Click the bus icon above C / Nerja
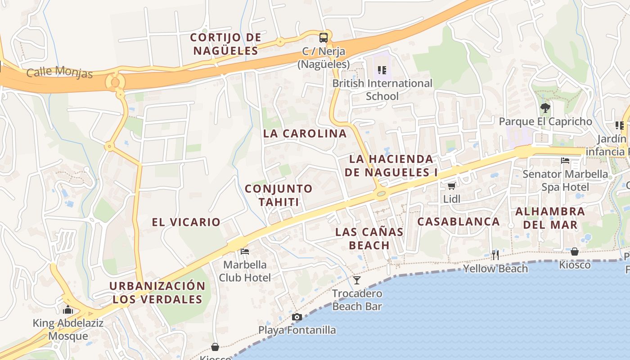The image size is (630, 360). coord(323,37)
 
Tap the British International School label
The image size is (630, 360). coord(382,90)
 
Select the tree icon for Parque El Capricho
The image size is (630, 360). coord(545,108)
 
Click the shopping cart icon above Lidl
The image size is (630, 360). coord(451,186)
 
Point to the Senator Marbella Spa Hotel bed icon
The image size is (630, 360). coord(565,161)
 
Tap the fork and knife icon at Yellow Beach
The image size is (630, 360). coord(495,255)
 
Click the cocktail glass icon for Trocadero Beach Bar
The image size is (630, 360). coord(357,280)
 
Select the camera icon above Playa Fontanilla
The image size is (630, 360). coord(297,317)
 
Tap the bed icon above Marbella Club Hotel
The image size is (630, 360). coord(245,251)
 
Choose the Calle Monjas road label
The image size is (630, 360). coord(59,72)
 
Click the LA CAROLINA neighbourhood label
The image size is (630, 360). coord(305,134)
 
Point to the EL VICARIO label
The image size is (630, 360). coord(186,222)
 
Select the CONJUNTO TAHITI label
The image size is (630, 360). coord(279,195)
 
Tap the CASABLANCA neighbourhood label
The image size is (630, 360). coord(458,221)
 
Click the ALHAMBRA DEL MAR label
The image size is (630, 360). coord(550,218)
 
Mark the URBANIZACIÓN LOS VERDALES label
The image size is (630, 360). coord(157,292)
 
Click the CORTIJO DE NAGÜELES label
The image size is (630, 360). coord(225,44)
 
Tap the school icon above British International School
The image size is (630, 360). coord(382,70)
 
